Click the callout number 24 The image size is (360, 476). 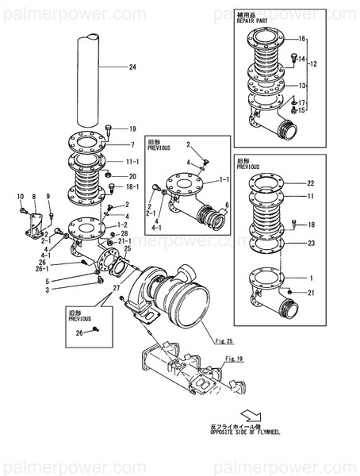click(132, 67)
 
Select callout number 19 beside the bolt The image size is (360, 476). click(132, 129)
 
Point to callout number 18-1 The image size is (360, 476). click(133, 186)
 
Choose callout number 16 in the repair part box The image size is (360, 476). click(301, 38)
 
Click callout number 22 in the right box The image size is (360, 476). click(311, 183)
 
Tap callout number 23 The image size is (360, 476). click(311, 243)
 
